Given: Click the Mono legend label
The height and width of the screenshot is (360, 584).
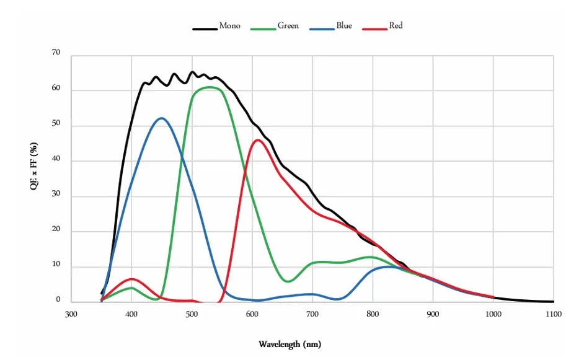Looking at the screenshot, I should [x=229, y=26].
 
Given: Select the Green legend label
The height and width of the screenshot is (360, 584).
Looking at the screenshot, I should [x=288, y=26].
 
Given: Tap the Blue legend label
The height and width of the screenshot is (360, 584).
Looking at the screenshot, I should [x=344, y=26].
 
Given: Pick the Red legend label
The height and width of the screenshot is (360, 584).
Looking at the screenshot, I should [x=396, y=26].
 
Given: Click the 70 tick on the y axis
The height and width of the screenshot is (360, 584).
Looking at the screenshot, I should [x=56, y=53].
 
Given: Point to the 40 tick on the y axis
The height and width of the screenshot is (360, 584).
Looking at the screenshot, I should [x=56, y=160].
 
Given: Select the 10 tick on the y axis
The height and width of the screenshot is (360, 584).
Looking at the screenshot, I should [x=56, y=265].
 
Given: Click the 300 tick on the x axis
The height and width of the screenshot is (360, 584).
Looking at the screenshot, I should [x=71, y=314].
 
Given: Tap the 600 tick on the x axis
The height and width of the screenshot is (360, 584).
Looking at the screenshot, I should [x=252, y=314].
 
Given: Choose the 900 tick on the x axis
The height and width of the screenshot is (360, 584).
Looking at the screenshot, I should [x=433, y=314].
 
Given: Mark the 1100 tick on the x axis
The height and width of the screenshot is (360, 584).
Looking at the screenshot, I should [x=554, y=314].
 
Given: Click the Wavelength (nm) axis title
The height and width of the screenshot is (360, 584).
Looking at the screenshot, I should [x=290, y=344].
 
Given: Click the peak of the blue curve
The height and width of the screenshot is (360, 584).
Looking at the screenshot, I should [x=161, y=118].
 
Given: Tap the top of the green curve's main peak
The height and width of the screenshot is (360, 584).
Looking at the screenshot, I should [x=209, y=87].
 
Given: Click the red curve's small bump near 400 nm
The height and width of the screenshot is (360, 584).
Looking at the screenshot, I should [x=131, y=279].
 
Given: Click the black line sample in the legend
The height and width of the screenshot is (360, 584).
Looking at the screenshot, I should [x=205, y=28].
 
